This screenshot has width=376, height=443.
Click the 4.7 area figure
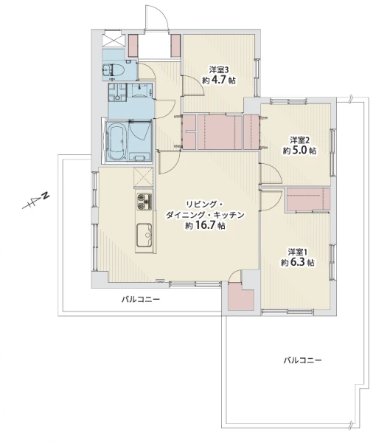tap(219, 80)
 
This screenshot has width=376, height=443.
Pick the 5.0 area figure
tap(300, 151)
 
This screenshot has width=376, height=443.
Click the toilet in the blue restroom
tap(114, 70)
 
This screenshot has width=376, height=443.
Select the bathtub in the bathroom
tap(117, 142)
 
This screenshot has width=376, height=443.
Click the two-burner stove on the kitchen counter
tap(145, 202)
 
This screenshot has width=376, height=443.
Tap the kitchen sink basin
tap(145, 235)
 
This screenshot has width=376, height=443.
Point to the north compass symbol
tap(35, 201)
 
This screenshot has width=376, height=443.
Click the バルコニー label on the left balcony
tap(141, 299)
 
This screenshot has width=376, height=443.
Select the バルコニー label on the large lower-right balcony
tap(303, 360)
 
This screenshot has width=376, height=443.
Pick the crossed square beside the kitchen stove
tap(144, 177)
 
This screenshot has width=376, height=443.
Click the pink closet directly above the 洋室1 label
tap(308, 199)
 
